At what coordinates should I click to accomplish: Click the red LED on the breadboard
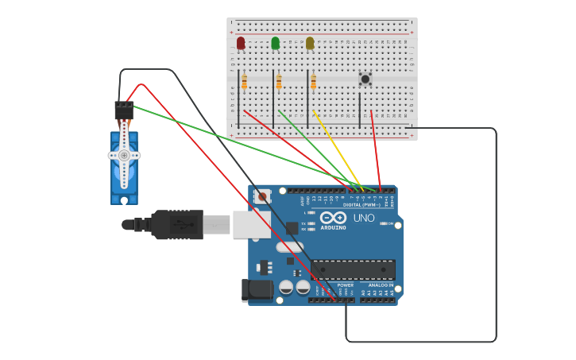(241, 43)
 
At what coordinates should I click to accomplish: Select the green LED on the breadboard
(275, 43)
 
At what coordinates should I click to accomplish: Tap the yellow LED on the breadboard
(310, 43)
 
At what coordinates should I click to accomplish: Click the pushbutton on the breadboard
(365, 79)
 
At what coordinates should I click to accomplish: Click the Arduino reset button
(263, 196)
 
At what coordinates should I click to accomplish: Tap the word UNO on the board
(364, 218)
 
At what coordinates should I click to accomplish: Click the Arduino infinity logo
(334, 218)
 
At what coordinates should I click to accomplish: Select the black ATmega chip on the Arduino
(353, 269)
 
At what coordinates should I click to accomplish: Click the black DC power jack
(256, 290)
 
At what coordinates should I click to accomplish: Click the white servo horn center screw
(124, 156)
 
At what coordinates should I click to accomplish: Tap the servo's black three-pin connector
(124, 109)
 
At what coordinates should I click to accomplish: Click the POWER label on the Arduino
(346, 285)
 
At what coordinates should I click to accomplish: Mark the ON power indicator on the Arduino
(389, 224)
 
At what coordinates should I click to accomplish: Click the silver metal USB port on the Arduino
(251, 225)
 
